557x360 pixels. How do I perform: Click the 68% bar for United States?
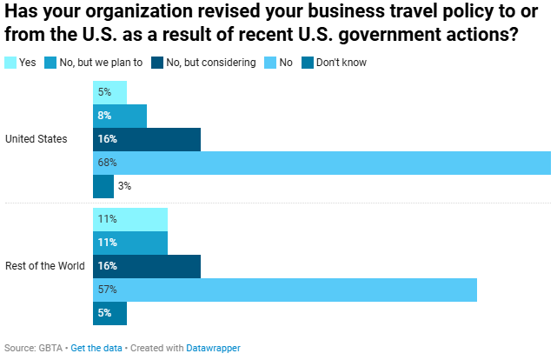click(x=322, y=163)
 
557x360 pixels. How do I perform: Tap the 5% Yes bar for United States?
click(x=109, y=92)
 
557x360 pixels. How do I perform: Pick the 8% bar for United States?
click(x=120, y=116)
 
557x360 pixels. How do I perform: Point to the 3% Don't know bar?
click(x=103, y=186)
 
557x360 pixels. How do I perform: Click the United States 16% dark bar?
click(x=147, y=139)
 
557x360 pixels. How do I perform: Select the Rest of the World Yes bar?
click(x=130, y=219)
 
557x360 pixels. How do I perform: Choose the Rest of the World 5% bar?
click(x=109, y=313)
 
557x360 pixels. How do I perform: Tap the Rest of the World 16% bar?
click(x=147, y=266)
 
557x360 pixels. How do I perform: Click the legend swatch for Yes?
click(x=10, y=63)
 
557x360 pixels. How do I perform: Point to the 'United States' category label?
click(x=36, y=139)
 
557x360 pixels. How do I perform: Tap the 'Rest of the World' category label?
click(x=45, y=266)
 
